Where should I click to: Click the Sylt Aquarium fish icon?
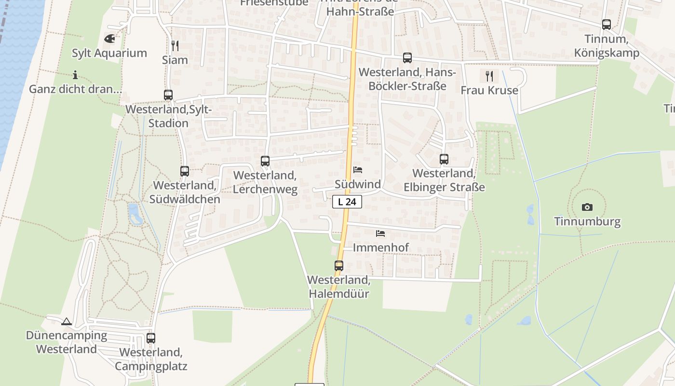(109, 38)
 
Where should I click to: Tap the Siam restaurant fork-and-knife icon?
(175, 46)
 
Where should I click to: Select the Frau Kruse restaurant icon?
(489, 76)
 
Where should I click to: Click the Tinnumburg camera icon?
(587, 207)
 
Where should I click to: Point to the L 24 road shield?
(347, 202)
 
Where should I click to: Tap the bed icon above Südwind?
(358, 170)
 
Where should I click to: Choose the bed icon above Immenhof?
(380, 234)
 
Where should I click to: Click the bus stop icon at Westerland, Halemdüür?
(339, 265)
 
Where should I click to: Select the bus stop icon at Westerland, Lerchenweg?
(265, 161)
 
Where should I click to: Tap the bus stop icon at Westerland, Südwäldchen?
(185, 171)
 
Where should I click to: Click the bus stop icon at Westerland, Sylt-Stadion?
(168, 95)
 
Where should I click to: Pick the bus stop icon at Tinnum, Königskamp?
(607, 25)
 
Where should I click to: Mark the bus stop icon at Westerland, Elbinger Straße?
(444, 159)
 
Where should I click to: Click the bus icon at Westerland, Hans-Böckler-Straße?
(407, 58)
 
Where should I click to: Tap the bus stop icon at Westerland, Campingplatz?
(151, 338)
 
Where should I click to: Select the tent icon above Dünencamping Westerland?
(67, 321)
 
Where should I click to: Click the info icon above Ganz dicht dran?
(75, 75)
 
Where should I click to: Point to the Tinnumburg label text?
(587, 222)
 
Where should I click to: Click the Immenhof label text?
(381, 248)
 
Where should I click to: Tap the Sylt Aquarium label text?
(109, 53)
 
